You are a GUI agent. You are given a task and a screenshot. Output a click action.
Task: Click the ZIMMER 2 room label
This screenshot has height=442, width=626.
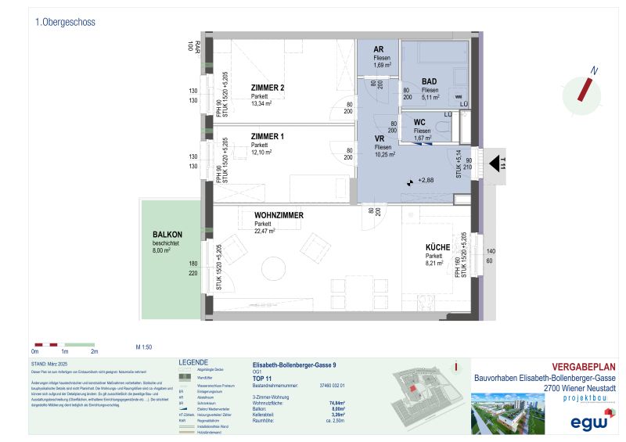[267, 87]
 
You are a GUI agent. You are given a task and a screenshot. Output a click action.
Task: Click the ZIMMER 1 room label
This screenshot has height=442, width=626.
[267, 137]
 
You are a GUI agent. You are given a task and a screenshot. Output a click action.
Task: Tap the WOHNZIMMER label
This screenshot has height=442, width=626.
[279, 215]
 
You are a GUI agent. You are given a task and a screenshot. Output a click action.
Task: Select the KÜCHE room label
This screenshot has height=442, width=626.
[437, 247]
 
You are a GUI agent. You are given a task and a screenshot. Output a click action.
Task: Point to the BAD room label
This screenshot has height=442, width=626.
[429, 81]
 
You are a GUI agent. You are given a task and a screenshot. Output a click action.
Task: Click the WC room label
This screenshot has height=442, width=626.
[419, 122]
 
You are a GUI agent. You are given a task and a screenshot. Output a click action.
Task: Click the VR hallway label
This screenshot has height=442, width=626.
[380, 138]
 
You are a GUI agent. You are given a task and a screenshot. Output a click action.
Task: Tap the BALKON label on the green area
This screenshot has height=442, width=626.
[168, 234]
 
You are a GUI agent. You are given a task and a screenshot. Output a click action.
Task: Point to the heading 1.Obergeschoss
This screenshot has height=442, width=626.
[65, 23]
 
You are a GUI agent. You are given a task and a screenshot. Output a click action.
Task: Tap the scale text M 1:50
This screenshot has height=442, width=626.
[143, 345]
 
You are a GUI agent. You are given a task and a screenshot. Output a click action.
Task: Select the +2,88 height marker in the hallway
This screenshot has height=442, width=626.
[423, 181]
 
